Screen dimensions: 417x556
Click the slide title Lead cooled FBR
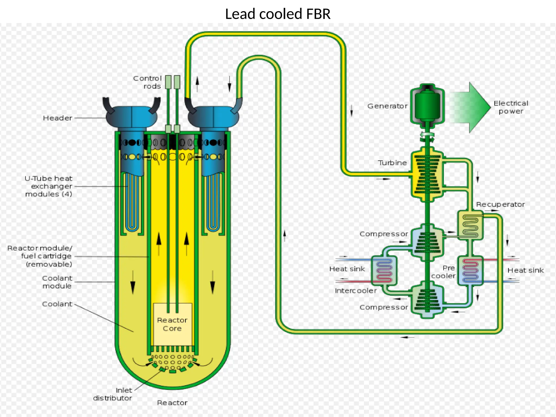(x=278, y=14)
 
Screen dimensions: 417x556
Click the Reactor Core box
(x=173, y=324)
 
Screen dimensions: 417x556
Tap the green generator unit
(x=427, y=105)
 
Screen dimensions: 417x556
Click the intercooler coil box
(x=384, y=270)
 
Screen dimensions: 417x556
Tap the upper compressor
(x=427, y=240)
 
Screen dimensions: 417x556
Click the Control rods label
(x=148, y=82)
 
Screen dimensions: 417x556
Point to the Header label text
(x=58, y=118)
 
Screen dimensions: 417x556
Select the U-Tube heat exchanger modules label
(x=49, y=186)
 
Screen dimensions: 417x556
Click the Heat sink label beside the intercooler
(x=347, y=269)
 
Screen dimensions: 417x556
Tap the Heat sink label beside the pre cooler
(x=525, y=270)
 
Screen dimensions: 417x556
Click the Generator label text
(x=387, y=106)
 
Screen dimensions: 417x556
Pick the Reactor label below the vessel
(x=172, y=403)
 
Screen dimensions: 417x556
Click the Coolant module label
(x=57, y=282)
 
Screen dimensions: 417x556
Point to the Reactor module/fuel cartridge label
(x=40, y=256)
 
